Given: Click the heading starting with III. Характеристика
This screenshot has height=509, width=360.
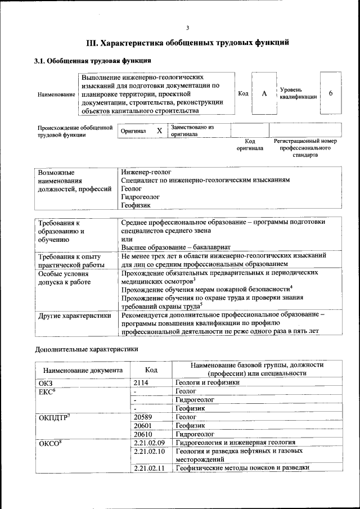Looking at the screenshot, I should coord(187,42).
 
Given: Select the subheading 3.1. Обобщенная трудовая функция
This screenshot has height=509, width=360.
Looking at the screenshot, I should coord(93,60).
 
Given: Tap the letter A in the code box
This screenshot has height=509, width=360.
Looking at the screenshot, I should coord(264,93).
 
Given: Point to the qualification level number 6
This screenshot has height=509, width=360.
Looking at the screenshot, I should coord(331,93).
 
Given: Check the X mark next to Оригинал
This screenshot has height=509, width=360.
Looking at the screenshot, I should coord(159,130).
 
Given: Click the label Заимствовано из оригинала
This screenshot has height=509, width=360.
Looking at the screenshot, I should coord(192,130).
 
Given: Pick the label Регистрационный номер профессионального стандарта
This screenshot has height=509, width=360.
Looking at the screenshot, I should coord(305,148).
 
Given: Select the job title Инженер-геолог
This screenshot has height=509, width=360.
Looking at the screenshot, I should coord(146,171).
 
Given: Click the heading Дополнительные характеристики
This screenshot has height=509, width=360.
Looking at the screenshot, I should coord(87,349).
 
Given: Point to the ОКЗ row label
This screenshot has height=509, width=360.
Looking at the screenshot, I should coord(46,382).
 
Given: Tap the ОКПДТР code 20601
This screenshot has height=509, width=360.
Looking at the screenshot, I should coord(144,426).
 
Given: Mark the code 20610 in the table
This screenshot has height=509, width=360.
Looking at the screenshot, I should coord(144,434).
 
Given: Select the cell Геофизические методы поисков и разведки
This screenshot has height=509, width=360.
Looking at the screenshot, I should coord(242,468).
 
